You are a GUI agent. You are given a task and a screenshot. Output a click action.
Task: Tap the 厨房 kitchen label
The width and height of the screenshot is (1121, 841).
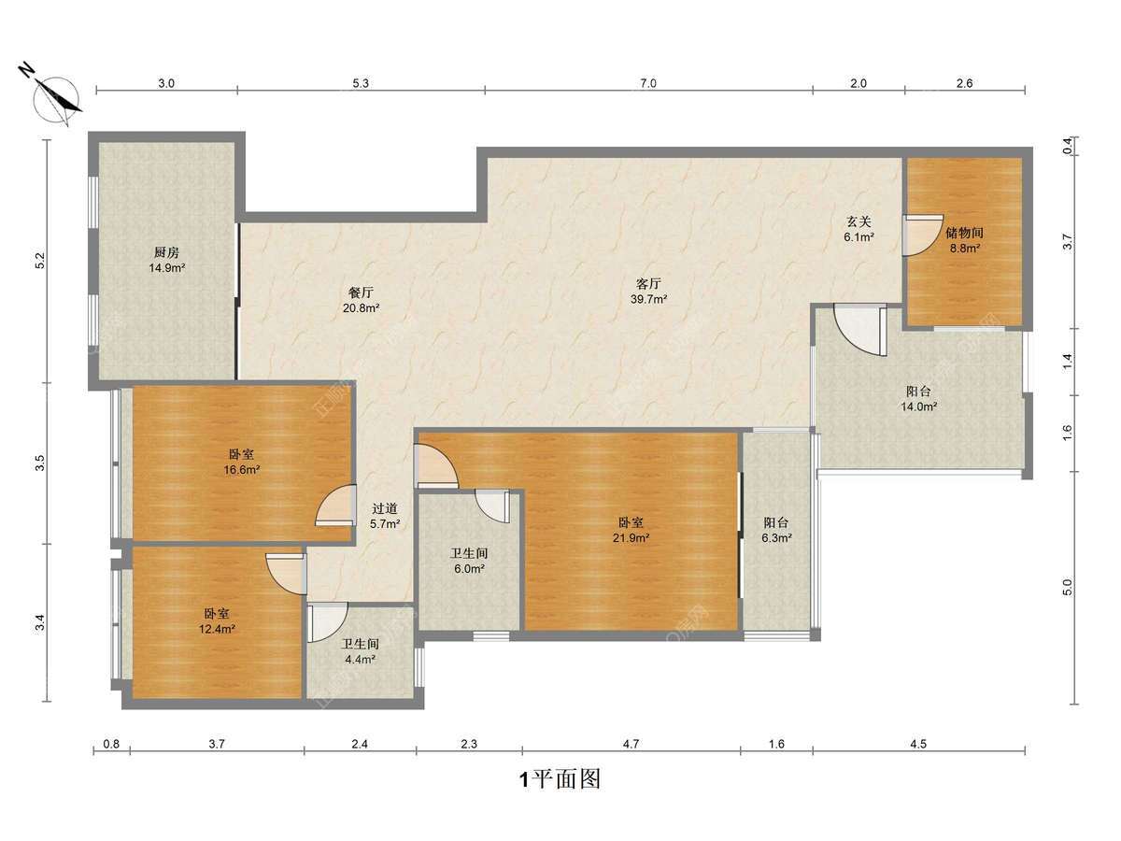tap(167, 252)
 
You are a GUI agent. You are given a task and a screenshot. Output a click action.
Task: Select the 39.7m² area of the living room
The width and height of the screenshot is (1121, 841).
tap(648, 299)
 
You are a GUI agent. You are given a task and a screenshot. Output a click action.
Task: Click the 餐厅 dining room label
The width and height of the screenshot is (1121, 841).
tap(362, 292)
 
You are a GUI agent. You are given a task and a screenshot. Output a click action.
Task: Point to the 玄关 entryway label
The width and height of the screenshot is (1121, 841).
tap(858, 221)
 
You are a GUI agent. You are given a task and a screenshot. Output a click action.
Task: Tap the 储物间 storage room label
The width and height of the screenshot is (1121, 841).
tap(964, 233)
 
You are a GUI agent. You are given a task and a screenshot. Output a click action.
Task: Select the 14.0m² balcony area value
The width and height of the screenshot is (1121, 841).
tap(918, 407)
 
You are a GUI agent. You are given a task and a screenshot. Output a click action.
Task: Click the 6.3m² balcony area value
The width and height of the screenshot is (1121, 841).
tap(776, 537)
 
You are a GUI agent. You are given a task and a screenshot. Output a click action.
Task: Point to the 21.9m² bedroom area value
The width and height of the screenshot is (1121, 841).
tap(631, 537)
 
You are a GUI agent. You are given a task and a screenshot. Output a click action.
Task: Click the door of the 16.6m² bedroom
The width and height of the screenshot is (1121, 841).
tap(335, 505)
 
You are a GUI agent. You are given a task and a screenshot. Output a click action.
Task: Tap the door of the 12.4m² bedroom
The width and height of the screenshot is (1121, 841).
tap(286, 574)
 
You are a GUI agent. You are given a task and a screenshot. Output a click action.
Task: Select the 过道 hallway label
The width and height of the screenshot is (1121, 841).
tap(385, 508)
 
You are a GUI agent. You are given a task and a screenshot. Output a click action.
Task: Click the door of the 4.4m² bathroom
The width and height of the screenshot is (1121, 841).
tap(327, 622)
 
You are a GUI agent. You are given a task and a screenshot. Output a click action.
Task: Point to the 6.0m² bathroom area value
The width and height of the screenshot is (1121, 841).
tap(469, 568)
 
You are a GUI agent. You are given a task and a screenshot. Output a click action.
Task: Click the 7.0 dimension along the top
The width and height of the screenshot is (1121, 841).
tap(648, 83)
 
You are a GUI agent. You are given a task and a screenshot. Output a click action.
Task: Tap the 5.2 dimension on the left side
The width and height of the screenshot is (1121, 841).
tap(41, 261)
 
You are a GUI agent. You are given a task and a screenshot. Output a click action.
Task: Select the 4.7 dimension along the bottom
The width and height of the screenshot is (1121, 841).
tap(631, 744)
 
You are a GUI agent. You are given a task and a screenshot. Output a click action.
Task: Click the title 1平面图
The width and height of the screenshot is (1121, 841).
tap(560, 779)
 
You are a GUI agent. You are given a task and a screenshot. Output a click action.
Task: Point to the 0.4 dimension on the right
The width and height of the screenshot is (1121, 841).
tap(1068, 146)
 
